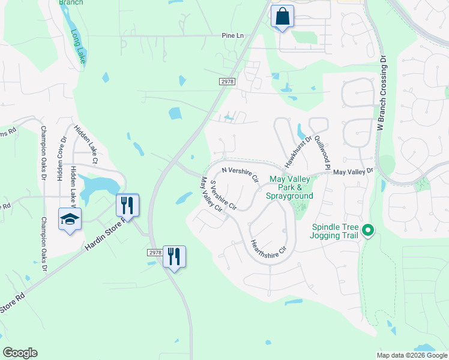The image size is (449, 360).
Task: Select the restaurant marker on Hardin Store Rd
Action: pos(127,205)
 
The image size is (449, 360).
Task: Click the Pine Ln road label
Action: pos(233,36)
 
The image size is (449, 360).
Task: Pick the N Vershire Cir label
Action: pos(240,175)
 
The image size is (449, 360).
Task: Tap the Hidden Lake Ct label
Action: pos(85,144)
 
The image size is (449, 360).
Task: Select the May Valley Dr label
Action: pos(353,172)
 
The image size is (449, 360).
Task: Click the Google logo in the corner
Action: pos(20,353)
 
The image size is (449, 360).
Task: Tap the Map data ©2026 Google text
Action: pos(412,355)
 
